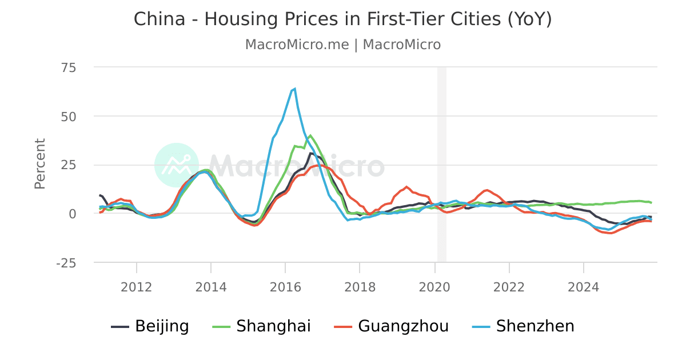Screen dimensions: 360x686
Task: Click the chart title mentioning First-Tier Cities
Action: pyautogui.click(x=342, y=19)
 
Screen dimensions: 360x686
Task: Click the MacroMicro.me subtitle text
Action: pyautogui.click(x=342, y=45)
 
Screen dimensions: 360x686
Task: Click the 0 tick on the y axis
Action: pyautogui.click(x=72, y=214)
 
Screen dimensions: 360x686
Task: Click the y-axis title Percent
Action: pyautogui.click(x=39, y=163)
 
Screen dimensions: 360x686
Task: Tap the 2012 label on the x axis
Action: pyautogui.click(x=136, y=286)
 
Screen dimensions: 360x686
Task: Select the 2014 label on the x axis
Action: pyautogui.click(x=211, y=286)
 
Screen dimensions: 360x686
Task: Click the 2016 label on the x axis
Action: pyautogui.click(x=285, y=286)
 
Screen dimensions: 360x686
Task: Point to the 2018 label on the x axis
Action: pyautogui.click(x=360, y=286)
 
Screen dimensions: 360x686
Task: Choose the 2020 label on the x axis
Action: pyautogui.click(x=434, y=286)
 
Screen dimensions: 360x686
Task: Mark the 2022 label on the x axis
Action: pyautogui.click(x=509, y=286)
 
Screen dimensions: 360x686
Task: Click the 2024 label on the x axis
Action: pyautogui.click(x=583, y=286)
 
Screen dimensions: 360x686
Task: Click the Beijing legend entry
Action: pyautogui.click(x=150, y=326)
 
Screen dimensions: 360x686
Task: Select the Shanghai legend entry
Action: pyautogui.click(x=262, y=326)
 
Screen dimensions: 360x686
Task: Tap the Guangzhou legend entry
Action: pyautogui.click(x=391, y=326)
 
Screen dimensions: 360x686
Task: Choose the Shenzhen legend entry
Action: pyautogui.click(x=523, y=326)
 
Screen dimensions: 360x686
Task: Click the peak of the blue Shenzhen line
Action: pyautogui.click(x=294, y=89)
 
